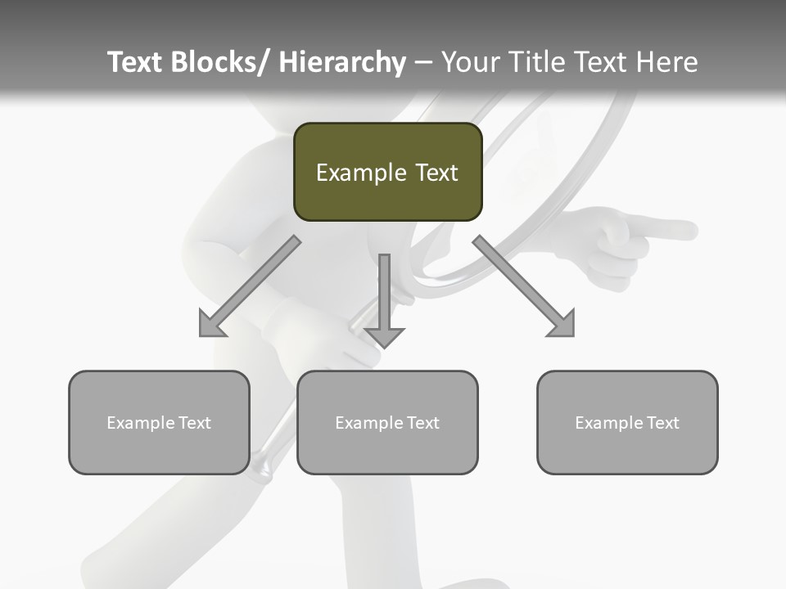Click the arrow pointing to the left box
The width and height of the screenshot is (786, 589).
coord(250,286)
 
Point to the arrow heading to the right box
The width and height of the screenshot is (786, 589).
coord(524,286)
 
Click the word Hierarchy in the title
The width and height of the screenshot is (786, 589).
coord(342,62)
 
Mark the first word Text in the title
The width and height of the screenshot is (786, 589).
coord(134,62)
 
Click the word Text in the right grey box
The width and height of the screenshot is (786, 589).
coord(663,423)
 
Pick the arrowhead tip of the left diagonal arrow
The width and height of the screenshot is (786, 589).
coord(202,334)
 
